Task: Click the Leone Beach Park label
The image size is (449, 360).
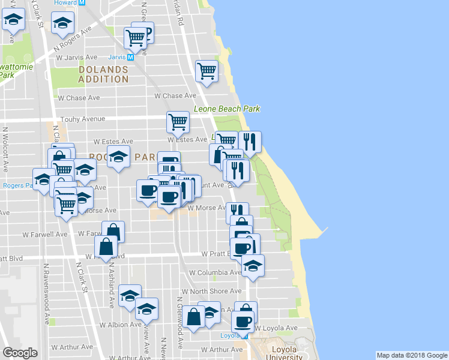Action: pyautogui.click(x=227, y=109)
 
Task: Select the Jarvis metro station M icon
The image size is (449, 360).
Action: pyautogui.click(x=130, y=58)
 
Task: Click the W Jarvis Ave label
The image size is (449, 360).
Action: pyautogui.click(x=77, y=58)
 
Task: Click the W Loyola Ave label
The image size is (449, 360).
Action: pyautogui.click(x=276, y=329)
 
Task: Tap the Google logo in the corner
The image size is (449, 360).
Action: pyautogui.click(x=20, y=353)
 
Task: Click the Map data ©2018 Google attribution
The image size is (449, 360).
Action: pyautogui.click(x=411, y=355)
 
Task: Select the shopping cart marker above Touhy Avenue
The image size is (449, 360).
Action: pyautogui.click(x=178, y=122)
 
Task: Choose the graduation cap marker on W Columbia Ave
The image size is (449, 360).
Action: pyautogui.click(x=253, y=265)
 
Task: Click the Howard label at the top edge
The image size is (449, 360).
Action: pyautogui.click(x=65, y=3)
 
